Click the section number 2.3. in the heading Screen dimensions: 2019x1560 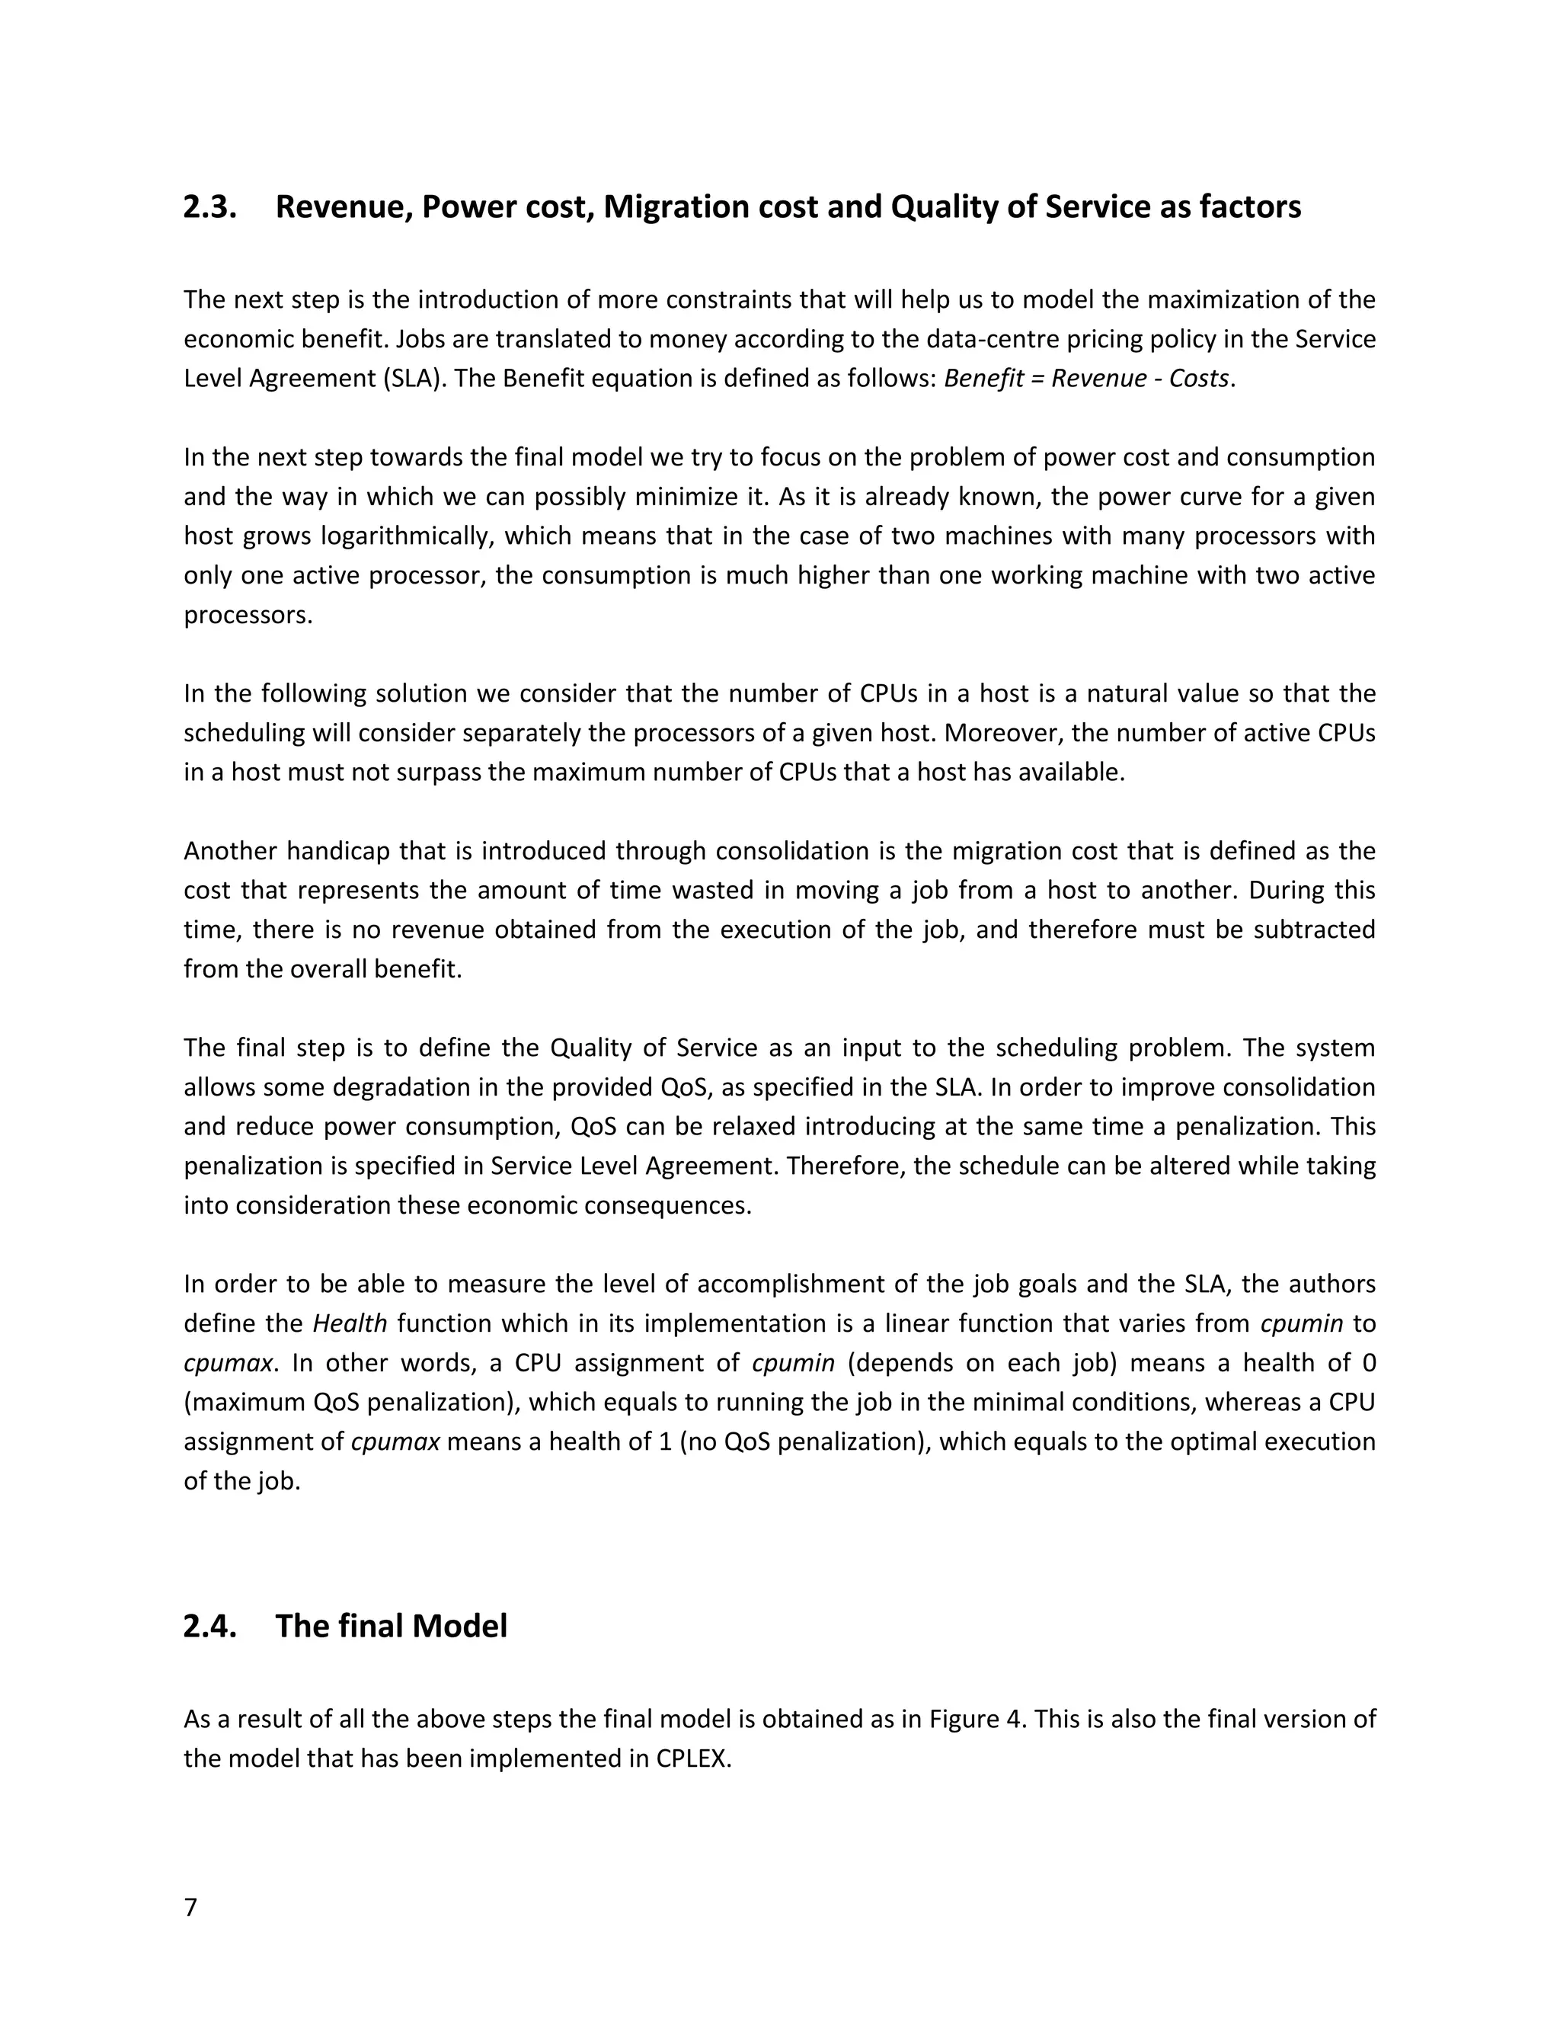209,207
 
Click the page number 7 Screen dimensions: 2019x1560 190,1907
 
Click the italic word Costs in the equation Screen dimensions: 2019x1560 1199,379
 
